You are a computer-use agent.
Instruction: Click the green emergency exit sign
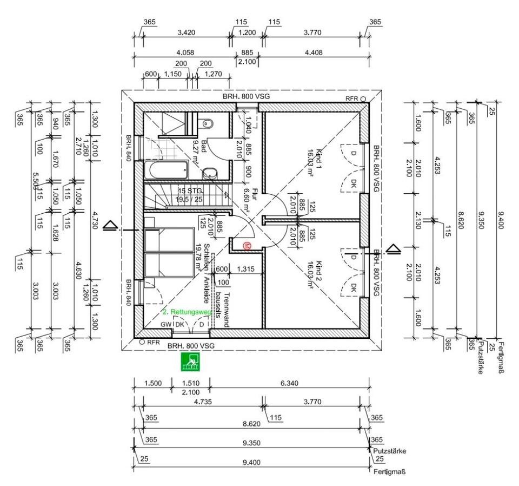[190, 362]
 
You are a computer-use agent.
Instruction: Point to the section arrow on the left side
[109, 225]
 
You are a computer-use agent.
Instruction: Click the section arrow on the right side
[393, 249]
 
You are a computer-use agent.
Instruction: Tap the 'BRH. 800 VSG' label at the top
[246, 96]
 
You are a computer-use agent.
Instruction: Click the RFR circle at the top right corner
[363, 99]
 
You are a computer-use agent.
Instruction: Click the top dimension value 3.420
[186, 32]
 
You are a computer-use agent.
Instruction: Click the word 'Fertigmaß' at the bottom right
[389, 472]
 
